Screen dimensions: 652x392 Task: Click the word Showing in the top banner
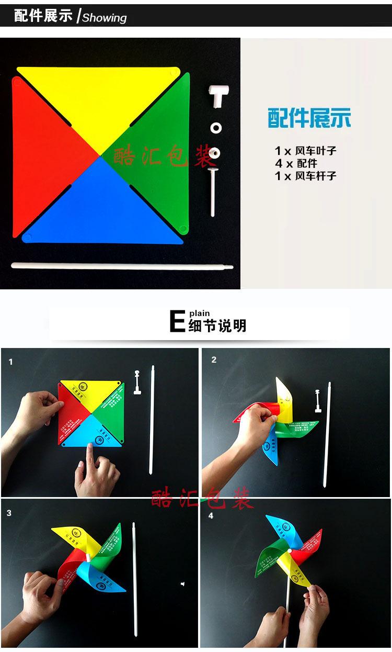click(105, 18)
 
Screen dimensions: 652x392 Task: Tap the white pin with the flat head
click(213, 188)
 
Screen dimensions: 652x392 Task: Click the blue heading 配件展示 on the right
click(309, 118)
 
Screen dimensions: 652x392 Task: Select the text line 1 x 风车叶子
click(306, 151)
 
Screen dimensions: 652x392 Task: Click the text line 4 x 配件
click(296, 163)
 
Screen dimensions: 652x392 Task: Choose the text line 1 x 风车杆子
click(306, 176)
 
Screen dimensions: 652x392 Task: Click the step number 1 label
click(10, 362)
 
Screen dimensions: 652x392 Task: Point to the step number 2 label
click(214, 360)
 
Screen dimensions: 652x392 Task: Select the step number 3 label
click(9, 513)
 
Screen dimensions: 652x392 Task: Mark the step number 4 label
click(211, 515)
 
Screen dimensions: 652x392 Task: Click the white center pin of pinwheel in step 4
click(289, 552)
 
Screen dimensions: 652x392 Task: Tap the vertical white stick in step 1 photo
click(152, 419)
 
